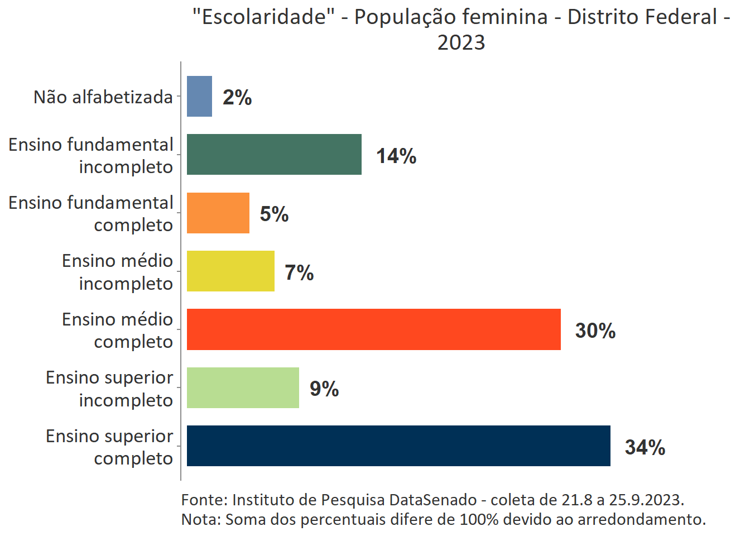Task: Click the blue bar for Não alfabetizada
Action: pos(199,97)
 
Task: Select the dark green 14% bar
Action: pos(274,155)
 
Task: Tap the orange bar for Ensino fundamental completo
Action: pos(218,213)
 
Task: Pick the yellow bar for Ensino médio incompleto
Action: pos(230,271)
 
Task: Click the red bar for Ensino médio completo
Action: pos(373,329)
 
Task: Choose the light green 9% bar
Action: pos(243,387)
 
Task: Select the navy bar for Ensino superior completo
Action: pos(398,446)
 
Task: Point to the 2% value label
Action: pos(237,98)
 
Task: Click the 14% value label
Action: pos(396,156)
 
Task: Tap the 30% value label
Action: pos(595,331)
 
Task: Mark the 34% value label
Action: pos(645,447)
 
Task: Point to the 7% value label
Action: pos(299,272)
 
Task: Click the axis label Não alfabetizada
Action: pos(103,97)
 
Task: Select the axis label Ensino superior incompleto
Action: pos(109,389)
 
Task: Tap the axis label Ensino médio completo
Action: pos(117,330)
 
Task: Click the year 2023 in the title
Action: pos(461,42)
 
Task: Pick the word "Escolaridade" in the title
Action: pos(263,17)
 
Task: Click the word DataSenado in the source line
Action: pos(433,500)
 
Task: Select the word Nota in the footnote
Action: pos(199,519)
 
